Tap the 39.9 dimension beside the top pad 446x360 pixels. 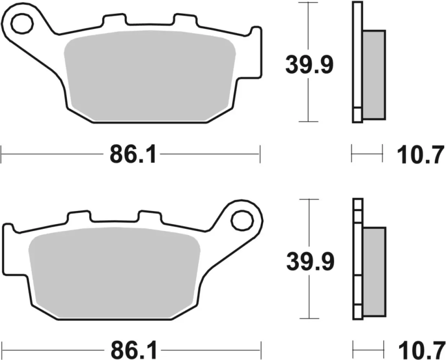309,65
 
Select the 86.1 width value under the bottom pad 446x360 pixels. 134,350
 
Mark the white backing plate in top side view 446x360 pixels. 357,61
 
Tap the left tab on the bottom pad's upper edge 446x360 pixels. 78,216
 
